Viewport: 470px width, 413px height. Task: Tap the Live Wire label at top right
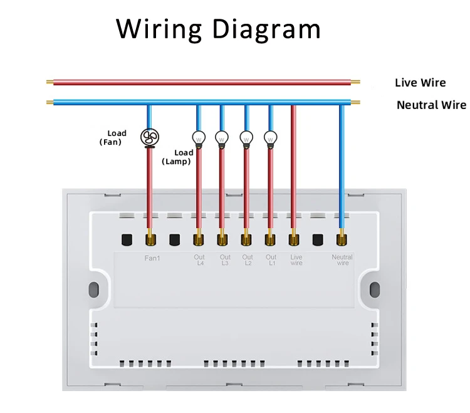pos(420,83)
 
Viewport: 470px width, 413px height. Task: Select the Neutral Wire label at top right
pos(431,105)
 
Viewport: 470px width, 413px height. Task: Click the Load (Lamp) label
pos(177,157)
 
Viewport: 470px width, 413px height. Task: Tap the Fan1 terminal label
pos(152,258)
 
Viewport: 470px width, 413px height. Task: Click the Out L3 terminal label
pos(225,260)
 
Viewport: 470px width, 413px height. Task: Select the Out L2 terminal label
pos(248,260)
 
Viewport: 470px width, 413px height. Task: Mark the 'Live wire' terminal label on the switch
pos(296,260)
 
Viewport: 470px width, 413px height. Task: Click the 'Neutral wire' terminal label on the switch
pos(343,260)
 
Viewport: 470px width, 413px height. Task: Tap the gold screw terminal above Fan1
pos(150,239)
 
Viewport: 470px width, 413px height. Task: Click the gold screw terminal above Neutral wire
pos(342,239)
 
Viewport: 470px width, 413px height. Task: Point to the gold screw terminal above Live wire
pos(294,239)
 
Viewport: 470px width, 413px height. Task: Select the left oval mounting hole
pos(94,290)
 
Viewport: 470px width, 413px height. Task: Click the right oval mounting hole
pos(375,290)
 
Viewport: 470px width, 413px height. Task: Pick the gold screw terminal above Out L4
pos(198,239)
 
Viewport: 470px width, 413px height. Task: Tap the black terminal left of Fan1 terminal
pos(127,239)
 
